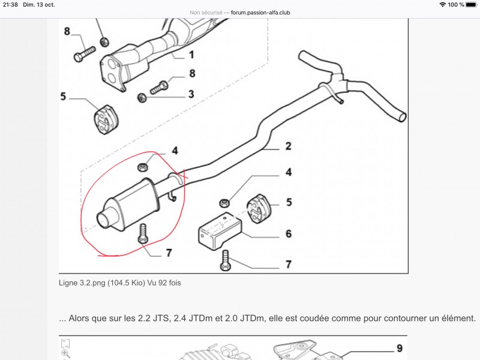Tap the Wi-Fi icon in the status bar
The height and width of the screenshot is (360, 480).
tap(442, 4)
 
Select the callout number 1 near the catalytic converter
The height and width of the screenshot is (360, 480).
tap(191, 55)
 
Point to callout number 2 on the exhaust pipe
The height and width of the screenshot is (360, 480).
tap(288, 146)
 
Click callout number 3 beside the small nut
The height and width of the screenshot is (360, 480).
tap(191, 94)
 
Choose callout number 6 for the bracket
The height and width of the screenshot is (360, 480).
tap(289, 233)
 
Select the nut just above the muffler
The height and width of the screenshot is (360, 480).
tap(143, 166)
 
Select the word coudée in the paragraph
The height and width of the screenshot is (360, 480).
tap(309, 318)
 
